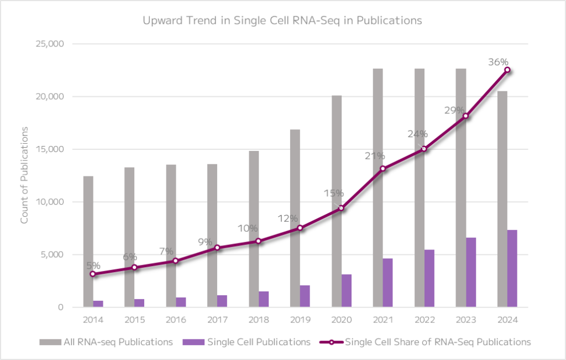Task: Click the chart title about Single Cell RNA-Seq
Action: click(282, 21)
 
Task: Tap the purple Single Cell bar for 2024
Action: click(512, 268)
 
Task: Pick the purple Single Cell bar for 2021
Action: click(387, 282)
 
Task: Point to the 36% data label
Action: click(498, 62)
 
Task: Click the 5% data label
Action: click(93, 265)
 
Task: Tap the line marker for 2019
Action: click(300, 228)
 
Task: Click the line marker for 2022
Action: click(424, 148)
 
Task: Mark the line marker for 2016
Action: click(175, 261)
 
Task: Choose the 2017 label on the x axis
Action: click(217, 321)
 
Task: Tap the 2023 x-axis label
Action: click(465, 321)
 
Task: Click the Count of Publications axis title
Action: click(24, 175)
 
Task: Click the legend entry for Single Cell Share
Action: click(431, 342)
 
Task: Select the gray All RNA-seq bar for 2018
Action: click(253, 229)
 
